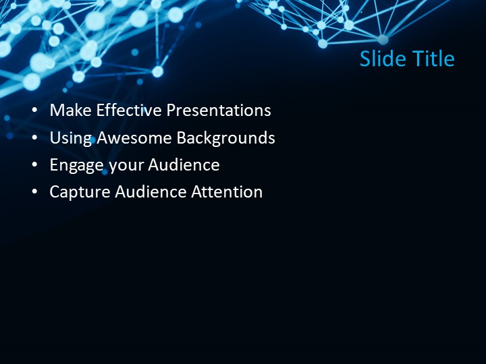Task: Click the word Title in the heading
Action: point(433,59)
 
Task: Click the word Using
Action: point(71,138)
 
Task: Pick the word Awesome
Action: point(134,138)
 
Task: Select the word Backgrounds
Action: point(226,138)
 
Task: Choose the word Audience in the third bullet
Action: point(184,165)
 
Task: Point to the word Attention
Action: point(227,192)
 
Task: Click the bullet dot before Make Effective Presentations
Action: point(35,111)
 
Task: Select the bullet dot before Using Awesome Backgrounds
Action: point(35,139)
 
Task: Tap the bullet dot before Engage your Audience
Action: point(35,166)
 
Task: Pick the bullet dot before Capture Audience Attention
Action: point(35,193)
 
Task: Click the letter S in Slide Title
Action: point(365,59)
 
